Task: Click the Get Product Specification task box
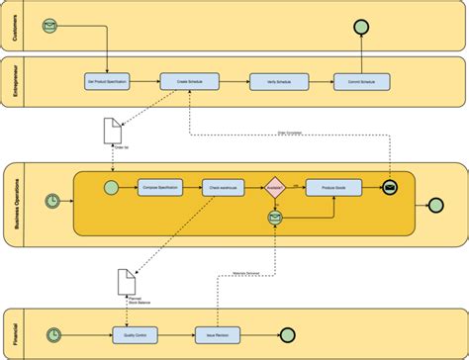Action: click(x=106, y=83)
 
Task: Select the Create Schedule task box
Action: click(x=188, y=83)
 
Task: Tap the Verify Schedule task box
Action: click(x=270, y=83)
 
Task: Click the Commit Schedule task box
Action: click(x=353, y=83)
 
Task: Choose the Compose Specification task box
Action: click(x=159, y=186)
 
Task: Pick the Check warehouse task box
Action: click(x=224, y=186)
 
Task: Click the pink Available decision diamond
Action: click(x=276, y=186)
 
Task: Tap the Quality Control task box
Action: click(x=134, y=334)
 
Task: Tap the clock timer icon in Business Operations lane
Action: click(x=51, y=203)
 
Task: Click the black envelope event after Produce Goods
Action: click(x=390, y=186)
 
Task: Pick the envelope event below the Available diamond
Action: click(x=276, y=221)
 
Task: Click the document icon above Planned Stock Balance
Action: click(x=126, y=280)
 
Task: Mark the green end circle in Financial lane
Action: click(x=289, y=334)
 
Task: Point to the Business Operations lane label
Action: click(x=15, y=203)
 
